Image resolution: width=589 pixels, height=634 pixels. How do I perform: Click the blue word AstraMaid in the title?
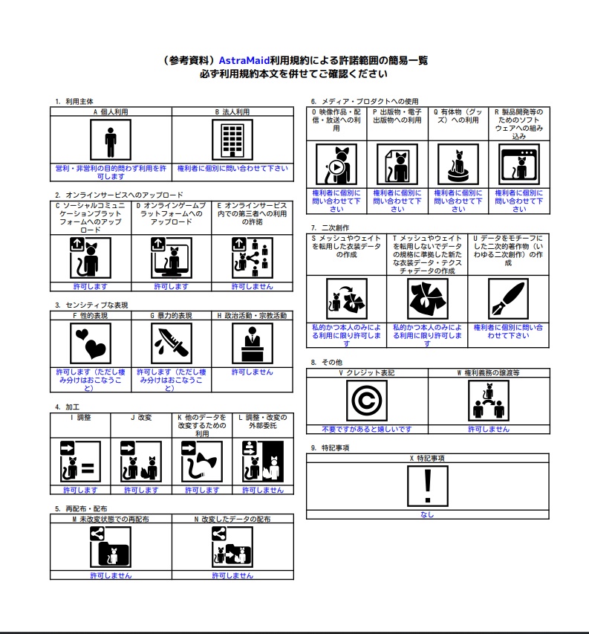pyautogui.click(x=244, y=61)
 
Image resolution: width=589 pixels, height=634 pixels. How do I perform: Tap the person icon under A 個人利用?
pyautogui.click(x=111, y=140)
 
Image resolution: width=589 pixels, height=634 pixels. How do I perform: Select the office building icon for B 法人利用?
pyautogui.click(x=232, y=140)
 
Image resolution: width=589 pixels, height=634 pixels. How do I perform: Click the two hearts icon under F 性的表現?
pyautogui.click(x=91, y=343)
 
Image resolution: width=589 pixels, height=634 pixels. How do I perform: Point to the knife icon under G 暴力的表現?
pyautogui.click(x=172, y=343)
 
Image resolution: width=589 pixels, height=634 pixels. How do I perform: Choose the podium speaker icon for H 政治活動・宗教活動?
pyautogui.click(x=253, y=343)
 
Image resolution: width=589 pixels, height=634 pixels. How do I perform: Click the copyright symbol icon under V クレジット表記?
pyautogui.click(x=367, y=401)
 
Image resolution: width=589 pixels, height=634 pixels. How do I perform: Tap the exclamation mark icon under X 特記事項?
pyautogui.click(x=428, y=486)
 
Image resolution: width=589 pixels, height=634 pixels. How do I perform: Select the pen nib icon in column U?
pyautogui.click(x=508, y=299)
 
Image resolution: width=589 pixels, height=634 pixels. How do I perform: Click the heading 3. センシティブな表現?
pyautogui.click(x=91, y=305)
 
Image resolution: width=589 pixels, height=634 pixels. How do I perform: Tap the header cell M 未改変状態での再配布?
pyautogui.click(x=111, y=520)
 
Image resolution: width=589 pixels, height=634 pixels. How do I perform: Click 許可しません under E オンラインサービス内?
pyautogui.click(x=252, y=287)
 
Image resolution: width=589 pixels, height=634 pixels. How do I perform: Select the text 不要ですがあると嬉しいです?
pyautogui.click(x=367, y=430)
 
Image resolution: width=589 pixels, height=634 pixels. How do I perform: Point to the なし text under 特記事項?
pyautogui.click(x=427, y=515)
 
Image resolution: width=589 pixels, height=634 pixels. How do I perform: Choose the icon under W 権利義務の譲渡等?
pyautogui.click(x=489, y=401)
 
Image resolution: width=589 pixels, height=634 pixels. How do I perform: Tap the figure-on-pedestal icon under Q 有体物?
pyautogui.click(x=458, y=165)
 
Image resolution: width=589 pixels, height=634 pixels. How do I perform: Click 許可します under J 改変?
pyautogui.click(x=141, y=490)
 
